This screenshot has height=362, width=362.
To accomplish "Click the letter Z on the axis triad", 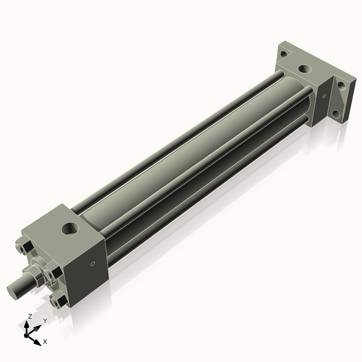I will pyautogui.click(x=30, y=316).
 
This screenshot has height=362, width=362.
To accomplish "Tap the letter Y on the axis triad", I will pyautogui.click(x=45, y=321).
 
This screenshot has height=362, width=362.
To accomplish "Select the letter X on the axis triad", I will pyautogui.click(x=45, y=341).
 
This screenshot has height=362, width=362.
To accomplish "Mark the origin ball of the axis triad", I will pyautogui.click(x=28, y=331).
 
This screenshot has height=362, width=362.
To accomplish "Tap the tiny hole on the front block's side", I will pyautogui.click(x=92, y=264).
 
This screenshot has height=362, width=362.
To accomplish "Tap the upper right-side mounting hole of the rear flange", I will pyautogui.click(x=342, y=86).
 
